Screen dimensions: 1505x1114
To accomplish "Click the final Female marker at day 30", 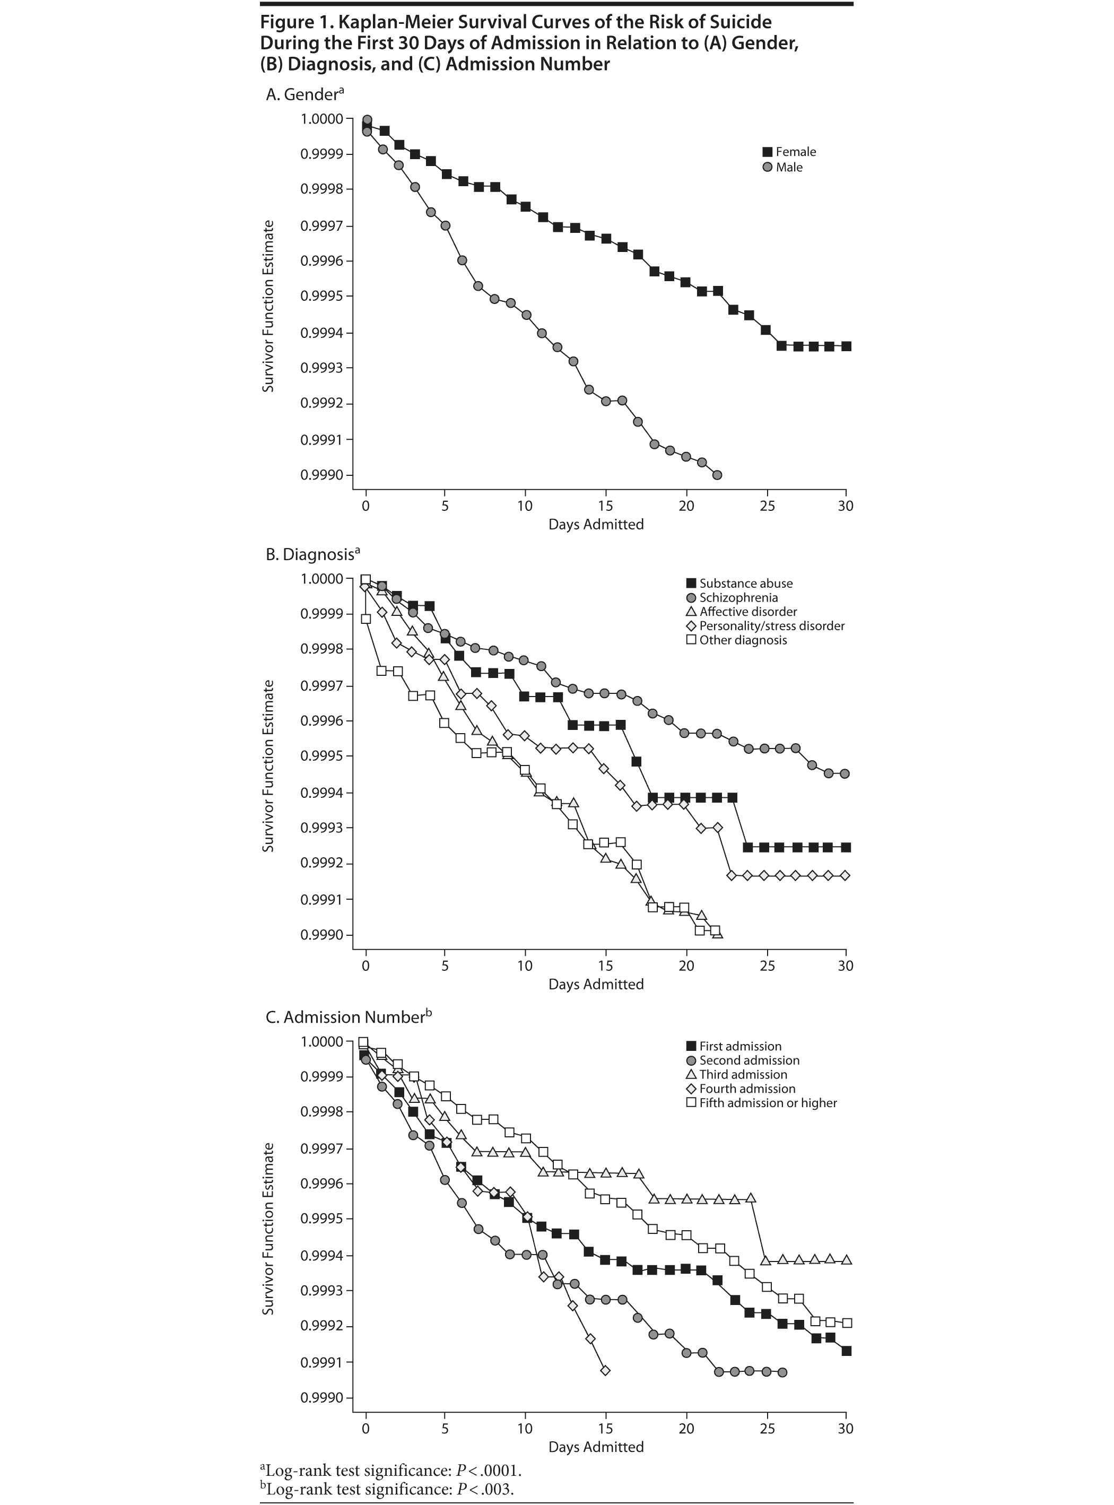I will [x=846, y=346].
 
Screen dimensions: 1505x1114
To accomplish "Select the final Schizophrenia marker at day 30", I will [x=845, y=773].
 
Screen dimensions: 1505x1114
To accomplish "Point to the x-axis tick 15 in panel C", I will [x=606, y=1428].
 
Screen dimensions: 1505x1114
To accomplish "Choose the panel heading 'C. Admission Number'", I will [x=344, y=1017].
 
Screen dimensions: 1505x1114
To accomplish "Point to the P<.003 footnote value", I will [x=485, y=1489].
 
